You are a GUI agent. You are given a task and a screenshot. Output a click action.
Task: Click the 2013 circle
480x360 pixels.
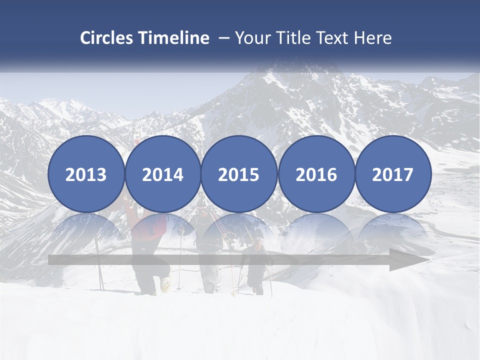pyautogui.click(x=86, y=174)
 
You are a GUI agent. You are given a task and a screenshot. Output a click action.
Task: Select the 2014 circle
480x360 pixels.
pyautogui.click(x=162, y=174)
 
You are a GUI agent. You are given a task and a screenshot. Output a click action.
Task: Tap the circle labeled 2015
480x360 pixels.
pyautogui.click(x=239, y=174)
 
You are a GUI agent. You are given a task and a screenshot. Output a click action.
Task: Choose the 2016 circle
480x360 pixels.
pyautogui.click(x=316, y=174)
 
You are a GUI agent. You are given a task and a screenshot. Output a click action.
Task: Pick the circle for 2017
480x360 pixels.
pyautogui.click(x=393, y=174)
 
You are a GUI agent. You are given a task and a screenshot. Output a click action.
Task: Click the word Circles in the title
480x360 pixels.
pyautogui.click(x=107, y=38)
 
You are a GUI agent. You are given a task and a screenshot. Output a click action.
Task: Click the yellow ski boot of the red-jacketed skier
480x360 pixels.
pyautogui.click(x=165, y=284)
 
